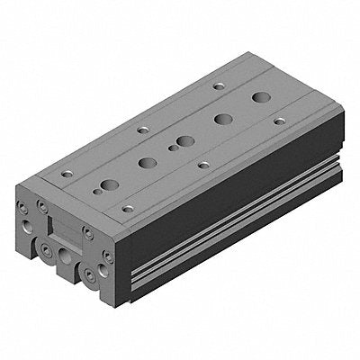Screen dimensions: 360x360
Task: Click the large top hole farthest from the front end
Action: (261, 96)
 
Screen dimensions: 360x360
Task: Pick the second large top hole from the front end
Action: (147, 162)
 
